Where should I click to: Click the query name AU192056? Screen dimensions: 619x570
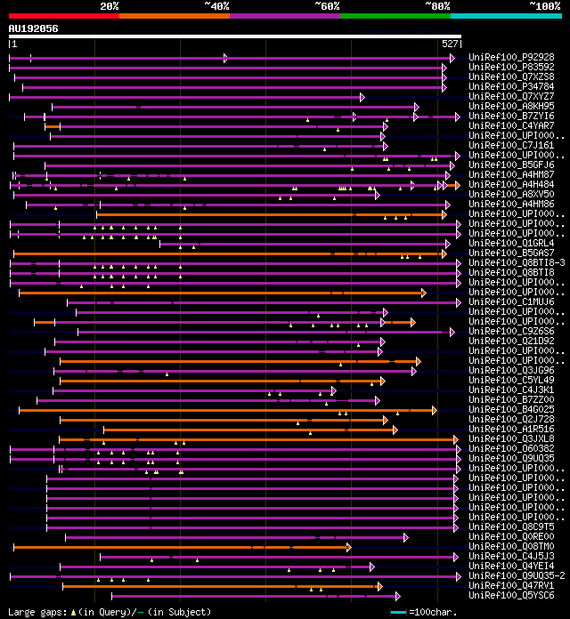(34, 28)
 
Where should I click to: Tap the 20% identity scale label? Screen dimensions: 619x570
(110, 5)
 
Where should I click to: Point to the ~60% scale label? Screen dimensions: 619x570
(327, 5)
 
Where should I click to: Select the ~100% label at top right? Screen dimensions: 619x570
(543, 5)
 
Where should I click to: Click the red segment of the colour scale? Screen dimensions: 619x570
(63, 15)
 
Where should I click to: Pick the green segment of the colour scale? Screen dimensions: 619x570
(395, 15)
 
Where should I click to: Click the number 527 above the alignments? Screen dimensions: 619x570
(450, 44)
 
